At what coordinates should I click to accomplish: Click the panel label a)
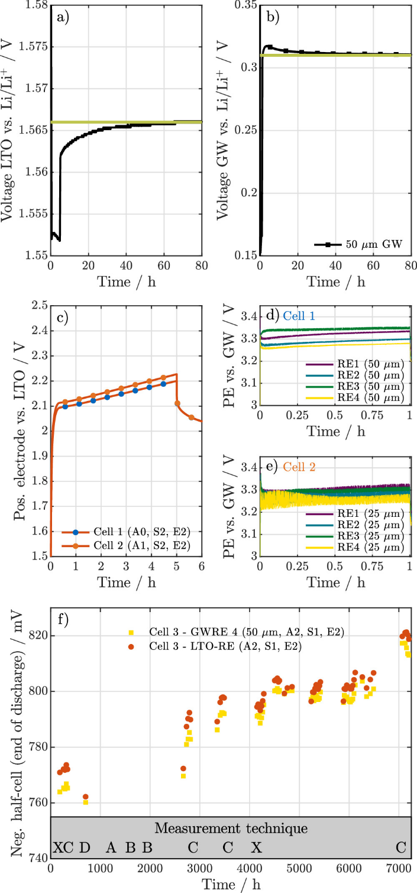coord(61,18)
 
